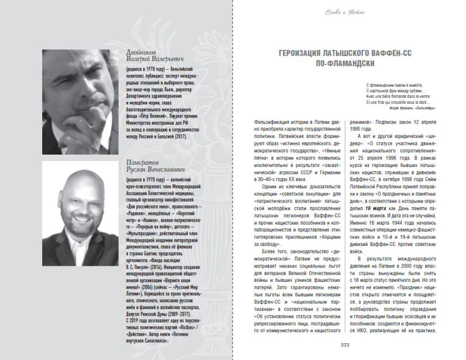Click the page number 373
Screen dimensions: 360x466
tap(345, 344)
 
